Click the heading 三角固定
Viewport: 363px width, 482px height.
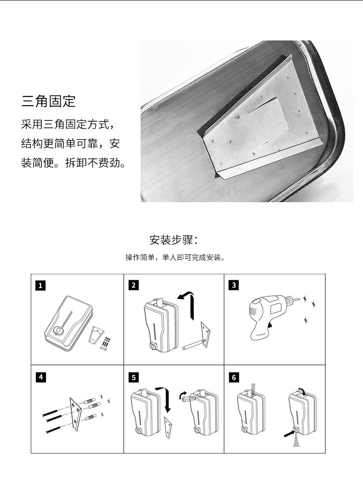[x=48, y=101]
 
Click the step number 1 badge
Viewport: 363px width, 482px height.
[x=40, y=286]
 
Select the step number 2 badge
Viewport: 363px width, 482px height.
[x=133, y=285]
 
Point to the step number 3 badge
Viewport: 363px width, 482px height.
[x=234, y=285]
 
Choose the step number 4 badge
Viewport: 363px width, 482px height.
[x=41, y=377]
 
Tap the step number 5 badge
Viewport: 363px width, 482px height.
[x=134, y=377]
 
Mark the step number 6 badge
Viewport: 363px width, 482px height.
[x=234, y=377]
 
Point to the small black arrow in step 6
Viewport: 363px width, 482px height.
[x=289, y=433]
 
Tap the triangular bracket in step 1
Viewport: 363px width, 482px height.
[x=96, y=335]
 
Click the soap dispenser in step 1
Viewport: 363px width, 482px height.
[x=67, y=323]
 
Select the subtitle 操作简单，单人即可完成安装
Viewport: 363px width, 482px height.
[x=175, y=257]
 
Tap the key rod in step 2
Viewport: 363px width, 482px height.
[x=193, y=344]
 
